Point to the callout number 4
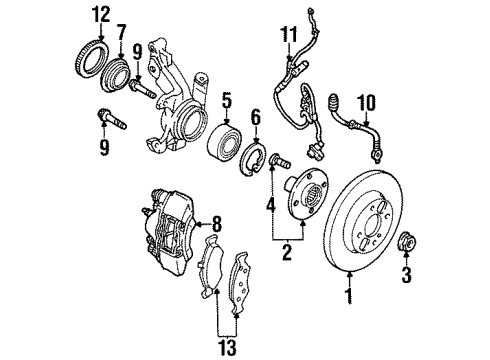coord(269,207)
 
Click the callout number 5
coord(227,99)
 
